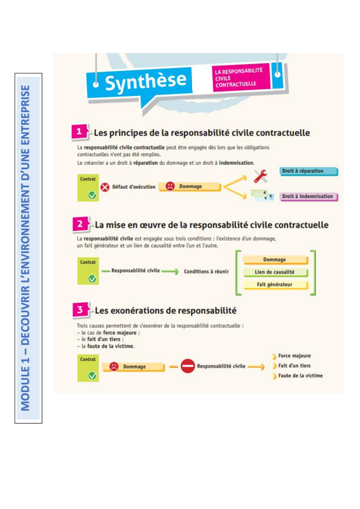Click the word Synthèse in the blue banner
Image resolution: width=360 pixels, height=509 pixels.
[x=146, y=82]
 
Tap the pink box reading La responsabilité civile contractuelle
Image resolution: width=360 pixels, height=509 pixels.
[x=241, y=78]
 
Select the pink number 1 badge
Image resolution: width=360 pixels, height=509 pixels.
[x=79, y=132]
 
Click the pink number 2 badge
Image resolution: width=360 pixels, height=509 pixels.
[x=80, y=225]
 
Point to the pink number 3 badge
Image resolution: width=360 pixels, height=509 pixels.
[x=80, y=310]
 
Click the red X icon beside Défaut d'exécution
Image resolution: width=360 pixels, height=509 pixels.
[x=105, y=187]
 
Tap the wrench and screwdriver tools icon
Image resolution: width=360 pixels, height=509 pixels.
[x=260, y=176]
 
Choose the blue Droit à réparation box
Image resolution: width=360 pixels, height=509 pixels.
[x=308, y=171]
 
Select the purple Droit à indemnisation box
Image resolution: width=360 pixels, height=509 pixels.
[x=308, y=197]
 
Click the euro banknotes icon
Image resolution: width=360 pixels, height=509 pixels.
[x=262, y=195]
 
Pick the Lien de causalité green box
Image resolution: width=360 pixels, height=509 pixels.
[x=275, y=272]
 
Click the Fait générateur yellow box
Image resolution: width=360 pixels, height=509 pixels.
[x=275, y=284]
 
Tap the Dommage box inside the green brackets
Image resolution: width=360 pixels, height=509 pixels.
[x=275, y=260]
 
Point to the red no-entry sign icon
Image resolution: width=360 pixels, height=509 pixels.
[x=188, y=366]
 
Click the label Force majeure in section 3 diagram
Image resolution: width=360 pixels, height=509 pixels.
[x=294, y=356]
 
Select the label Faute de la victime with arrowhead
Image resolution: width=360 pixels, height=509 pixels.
[x=298, y=376]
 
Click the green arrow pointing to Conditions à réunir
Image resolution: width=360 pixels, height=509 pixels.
[x=170, y=272]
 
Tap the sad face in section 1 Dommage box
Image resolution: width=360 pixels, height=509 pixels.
[x=170, y=186]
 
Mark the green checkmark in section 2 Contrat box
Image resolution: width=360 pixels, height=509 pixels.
[x=92, y=279]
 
